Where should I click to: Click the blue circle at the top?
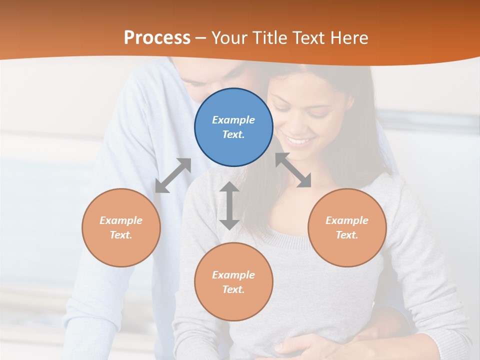pos(233,127)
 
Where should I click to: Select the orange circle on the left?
pos(121,227)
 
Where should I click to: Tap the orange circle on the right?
pos(347,227)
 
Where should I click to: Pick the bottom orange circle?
pos(233,282)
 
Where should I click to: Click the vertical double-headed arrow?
pos(229,205)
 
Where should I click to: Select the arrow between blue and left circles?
pos(173,175)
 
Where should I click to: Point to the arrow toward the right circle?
pos(293,170)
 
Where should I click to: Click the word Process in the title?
pos(157,38)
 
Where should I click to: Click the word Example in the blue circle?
pos(233,120)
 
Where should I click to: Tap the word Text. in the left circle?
pos(121,235)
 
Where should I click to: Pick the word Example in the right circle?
pos(347,220)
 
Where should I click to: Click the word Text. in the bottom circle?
pos(233,289)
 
